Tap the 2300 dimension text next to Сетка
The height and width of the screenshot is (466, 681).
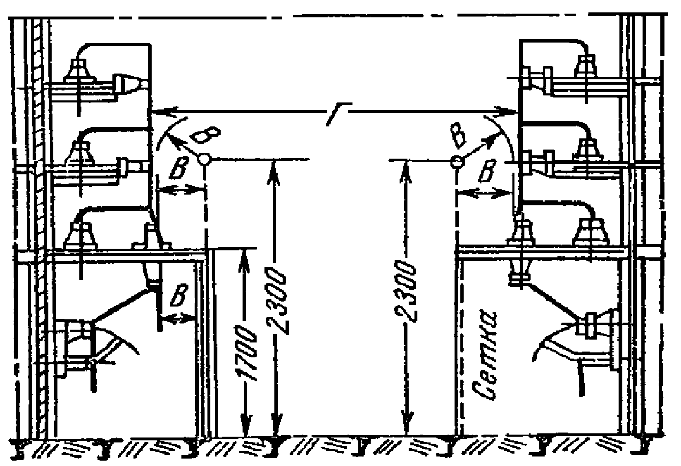click(x=406, y=291)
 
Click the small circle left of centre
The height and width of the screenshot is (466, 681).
click(x=203, y=159)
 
